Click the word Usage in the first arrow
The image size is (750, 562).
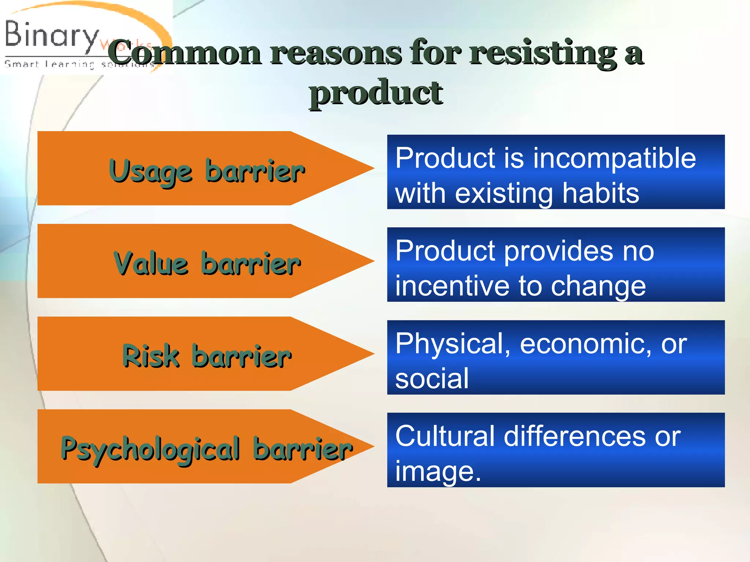(151, 171)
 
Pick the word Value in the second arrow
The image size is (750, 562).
(151, 263)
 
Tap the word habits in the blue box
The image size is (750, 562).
(601, 193)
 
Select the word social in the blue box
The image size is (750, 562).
(432, 378)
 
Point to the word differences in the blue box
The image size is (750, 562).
(575, 436)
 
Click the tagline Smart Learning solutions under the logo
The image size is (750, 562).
(79, 65)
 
